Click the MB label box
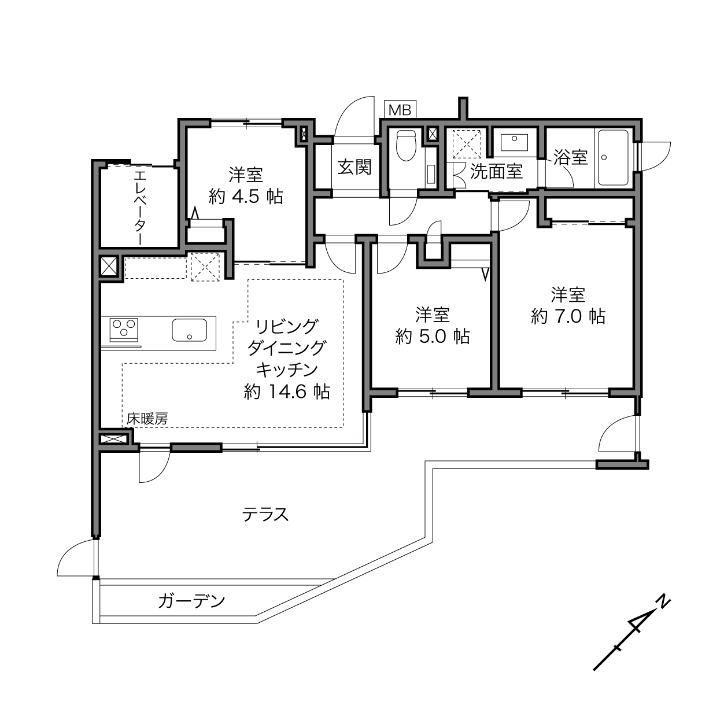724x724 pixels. pyautogui.click(x=400, y=110)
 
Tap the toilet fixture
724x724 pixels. pyautogui.click(x=407, y=145)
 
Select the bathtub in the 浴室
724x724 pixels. pyautogui.click(x=613, y=157)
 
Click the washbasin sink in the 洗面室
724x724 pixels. pyautogui.click(x=514, y=142)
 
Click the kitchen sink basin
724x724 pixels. pyautogui.click(x=189, y=330)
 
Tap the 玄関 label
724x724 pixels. pyautogui.click(x=354, y=167)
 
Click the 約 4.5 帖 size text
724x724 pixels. pyautogui.click(x=246, y=196)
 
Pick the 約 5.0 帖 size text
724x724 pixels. pyautogui.click(x=433, y=336)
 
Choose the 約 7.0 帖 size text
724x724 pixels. pyautogui.click(x=568, y=316)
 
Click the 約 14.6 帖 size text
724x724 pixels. pyautogui.click(x=287, y=391)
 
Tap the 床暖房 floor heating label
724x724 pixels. pyautogui.click(x=147, y=419)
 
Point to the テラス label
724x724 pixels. pyautogui.click(x=265, y=514)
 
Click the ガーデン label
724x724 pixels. pyautogui.click(x=191, y=601)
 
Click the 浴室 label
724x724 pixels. pyautogui.click(x=570, y=157)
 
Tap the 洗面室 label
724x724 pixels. pyautogui.click(x=497, y=171)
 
